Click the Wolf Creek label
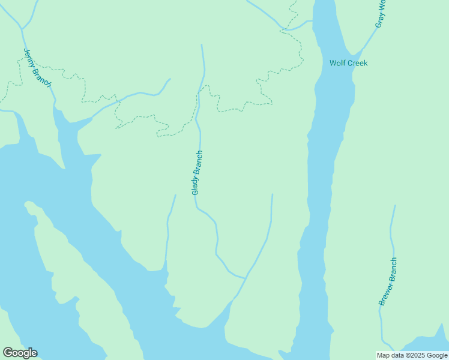pos(348,63)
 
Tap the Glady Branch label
pos(197,172)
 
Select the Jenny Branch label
pos(37,67)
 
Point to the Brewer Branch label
pos(388,281)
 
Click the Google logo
pos(20,353)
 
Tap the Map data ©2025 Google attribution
pos(412,355)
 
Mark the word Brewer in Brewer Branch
pos(384,295)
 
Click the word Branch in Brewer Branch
pos(391,269)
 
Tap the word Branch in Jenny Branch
pos(44,76)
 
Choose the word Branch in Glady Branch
pos(199,163)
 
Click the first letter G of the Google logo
pos(8,353)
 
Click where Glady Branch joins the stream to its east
pos(245,278)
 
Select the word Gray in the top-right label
pos(379,21)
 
